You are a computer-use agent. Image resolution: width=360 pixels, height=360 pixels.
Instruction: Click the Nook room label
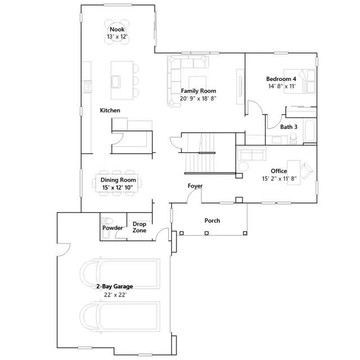[117, 29]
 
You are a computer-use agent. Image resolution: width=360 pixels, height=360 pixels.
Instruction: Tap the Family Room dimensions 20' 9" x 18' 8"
[198, 98]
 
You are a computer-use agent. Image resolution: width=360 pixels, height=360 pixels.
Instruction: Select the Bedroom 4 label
[281, 79]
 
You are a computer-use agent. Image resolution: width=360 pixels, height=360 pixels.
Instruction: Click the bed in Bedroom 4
[299, 81]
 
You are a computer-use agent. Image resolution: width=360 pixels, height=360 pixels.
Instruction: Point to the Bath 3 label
[289, 127]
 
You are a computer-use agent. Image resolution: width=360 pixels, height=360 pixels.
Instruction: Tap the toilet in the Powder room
[107, 221]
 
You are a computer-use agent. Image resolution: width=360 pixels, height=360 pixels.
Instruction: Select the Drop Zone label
[139, 227]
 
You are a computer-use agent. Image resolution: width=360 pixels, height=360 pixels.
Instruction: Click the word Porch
[212, 220]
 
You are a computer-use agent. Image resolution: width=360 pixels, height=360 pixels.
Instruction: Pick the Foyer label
[195, 186]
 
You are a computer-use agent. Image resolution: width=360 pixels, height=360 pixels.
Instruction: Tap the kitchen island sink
[116, 82]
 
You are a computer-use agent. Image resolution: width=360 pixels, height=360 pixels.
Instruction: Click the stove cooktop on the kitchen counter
[88, 87]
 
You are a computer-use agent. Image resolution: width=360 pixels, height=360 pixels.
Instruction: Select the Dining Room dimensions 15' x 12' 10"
[118, 187]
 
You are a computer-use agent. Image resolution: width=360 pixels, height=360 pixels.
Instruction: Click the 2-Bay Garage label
[115, 286]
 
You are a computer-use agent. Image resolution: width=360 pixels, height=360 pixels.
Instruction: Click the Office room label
[279, 171]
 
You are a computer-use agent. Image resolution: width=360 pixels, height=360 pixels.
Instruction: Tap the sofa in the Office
[251, 154]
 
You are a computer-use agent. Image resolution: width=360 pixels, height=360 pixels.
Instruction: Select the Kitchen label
[110, 110]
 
